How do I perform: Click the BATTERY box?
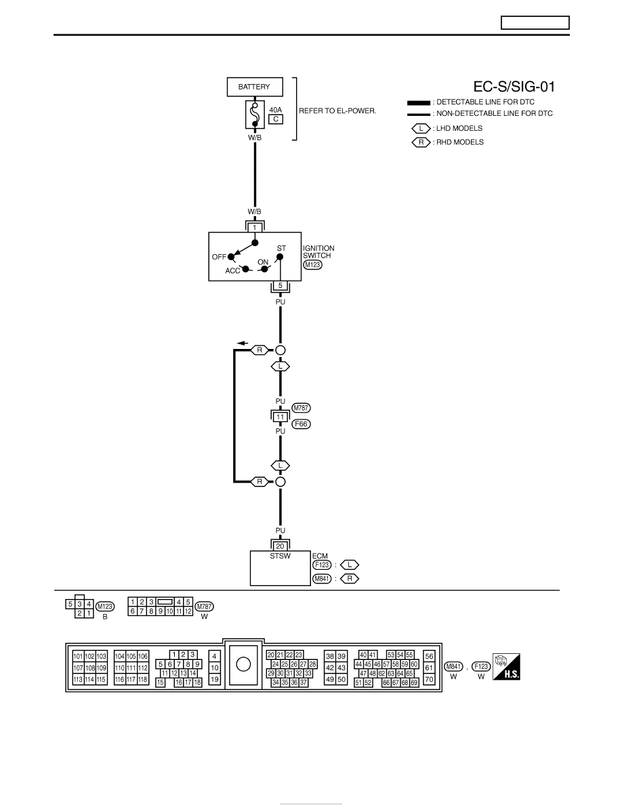pyautogui.click(x=255, y=87)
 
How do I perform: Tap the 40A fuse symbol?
pyautogui.click(x=255, y=115)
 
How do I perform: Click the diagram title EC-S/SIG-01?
pyautogui.click(x=514, y=87)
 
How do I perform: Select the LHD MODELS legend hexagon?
pyautogui.click(x=421, y=128)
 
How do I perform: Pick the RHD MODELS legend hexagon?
pyautogui.click(x=421, y=142)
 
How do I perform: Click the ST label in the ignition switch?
pyautogui.click(x=281, y=248)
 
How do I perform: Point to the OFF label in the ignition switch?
pyautogui.click(x=219, y=257)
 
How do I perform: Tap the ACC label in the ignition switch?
pyautogui.click(x=232, y=270)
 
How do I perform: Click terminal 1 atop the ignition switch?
pyautogui.click(x=255, y=228)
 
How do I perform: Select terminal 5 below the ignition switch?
pyautogui.click(x=281, y=285)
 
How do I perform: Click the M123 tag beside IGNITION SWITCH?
pyautogui.click(x=312, y=265)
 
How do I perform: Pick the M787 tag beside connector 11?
pyautogui.click(x=302, y=408)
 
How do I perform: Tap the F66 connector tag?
pyautogui.click(x=302, y=424)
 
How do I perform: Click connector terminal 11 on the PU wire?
pyautogui.click(x=281, y=417)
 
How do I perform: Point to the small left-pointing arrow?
pyautogui.click(x=243, y=343)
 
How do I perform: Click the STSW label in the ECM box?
pyautogui.click(x=281, y=556)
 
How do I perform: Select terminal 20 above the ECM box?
pyautogui.click(x=281, y=546)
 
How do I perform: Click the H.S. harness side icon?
pyautogui.click(x=506, y=666)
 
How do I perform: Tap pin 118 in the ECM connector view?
pyautogui.click(x=143, y=679)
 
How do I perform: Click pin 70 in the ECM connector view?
pyautogui.click(x=429, y=679)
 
